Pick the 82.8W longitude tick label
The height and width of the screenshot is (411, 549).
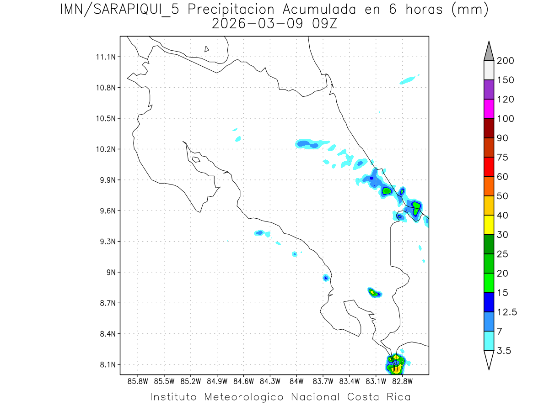403,381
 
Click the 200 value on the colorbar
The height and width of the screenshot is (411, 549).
506,61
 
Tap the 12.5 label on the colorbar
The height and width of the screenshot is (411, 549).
507,312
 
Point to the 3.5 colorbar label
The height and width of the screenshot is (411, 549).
504,351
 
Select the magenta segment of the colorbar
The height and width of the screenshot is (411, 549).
489,109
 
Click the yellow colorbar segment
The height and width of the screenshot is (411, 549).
489,225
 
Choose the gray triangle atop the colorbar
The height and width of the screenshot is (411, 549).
489,52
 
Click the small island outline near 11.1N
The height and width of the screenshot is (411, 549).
207,49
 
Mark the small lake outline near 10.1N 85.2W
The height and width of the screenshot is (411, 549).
195,159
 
